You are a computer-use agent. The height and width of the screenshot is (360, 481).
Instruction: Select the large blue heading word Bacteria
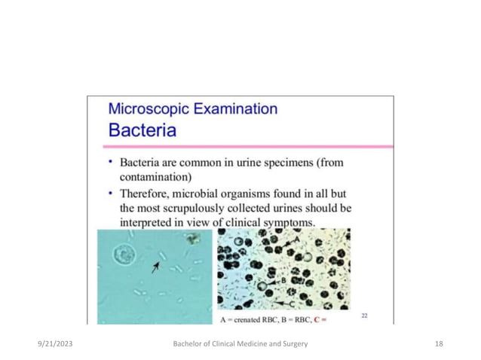click(142, 130)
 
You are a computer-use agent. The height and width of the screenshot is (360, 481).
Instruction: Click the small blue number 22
click(365, 316)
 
